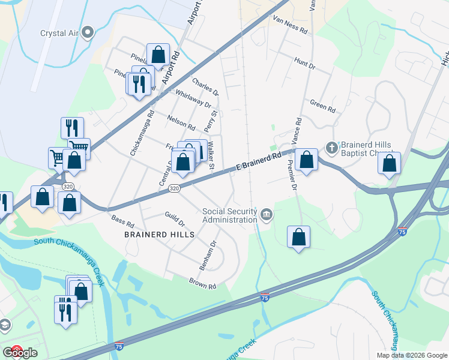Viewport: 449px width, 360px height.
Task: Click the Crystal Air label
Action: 59,32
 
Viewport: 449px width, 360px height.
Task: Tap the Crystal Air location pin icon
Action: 88,32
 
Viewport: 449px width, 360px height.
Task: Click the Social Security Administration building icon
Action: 267,213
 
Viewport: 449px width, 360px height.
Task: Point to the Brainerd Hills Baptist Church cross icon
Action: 331,146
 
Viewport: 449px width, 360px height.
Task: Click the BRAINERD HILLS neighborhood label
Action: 159,235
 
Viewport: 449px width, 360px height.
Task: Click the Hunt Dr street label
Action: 304,63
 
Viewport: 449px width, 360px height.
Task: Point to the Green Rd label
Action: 322,106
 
